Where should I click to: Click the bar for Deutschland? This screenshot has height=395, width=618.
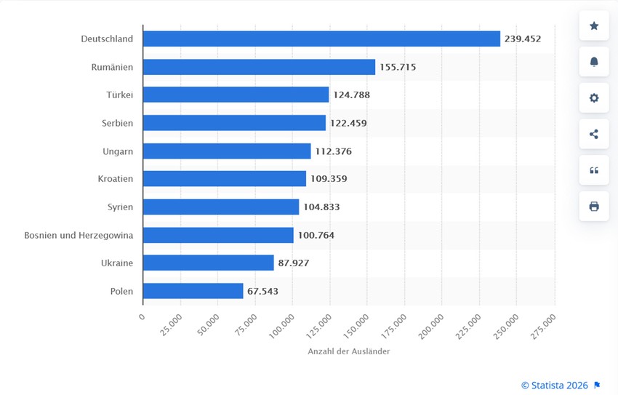click(321, 39)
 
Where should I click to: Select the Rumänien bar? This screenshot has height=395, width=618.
click(259, 67)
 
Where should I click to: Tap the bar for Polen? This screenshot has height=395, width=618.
click(193, 291)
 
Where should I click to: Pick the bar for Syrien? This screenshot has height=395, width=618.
click(221, 207)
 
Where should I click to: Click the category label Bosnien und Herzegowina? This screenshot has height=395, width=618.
click(79, 235)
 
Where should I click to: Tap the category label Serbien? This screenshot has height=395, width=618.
click(117, 123)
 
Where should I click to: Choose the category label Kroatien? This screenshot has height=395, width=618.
click(116, 179)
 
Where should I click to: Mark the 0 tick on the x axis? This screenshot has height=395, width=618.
click(142, 316)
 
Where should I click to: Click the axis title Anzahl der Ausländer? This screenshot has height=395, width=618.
click(348, 351)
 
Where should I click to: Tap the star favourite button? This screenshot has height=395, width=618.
click(594, 26)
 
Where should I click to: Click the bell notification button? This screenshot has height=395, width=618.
click(594, 62)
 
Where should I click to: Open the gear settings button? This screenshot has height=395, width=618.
click(594, 97)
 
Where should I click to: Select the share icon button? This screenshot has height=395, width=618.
click(594, 134)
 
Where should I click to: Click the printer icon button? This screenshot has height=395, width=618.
click(594, 206)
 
